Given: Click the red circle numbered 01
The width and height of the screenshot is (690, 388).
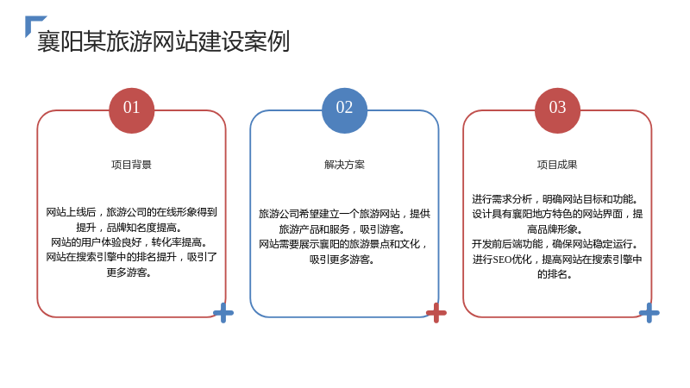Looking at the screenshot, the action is pos(132,110).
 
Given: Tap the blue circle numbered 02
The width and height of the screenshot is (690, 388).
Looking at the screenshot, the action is pos(344,110).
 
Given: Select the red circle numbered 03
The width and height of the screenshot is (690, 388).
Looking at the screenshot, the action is pos(557,110).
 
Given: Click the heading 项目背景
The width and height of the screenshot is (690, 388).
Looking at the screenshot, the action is pos(132,165).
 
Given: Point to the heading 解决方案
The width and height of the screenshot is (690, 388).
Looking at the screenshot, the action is pos(344,165).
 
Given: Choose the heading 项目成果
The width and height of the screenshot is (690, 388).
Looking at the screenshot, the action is pos(557,165).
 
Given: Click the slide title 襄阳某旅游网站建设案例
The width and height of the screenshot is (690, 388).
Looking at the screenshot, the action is pos(163,41).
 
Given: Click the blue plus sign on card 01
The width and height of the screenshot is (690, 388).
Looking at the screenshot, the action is pos(223,313).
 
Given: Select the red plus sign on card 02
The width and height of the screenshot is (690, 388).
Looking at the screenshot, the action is pos(436,313).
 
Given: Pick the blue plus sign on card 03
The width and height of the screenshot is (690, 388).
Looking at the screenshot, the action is pos(649,313).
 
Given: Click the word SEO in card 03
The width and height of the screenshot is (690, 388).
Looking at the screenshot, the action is pos(502,260).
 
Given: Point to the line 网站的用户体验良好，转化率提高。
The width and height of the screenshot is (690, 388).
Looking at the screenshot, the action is pos(129,242).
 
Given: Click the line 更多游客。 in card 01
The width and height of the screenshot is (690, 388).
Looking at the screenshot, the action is pos(129,272).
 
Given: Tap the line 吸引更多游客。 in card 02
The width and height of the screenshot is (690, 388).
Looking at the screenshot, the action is pos(342,260).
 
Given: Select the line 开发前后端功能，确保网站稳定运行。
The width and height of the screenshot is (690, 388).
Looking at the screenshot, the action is pos(555,244).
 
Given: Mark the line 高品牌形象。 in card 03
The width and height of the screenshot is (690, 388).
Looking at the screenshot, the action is pos(555,229).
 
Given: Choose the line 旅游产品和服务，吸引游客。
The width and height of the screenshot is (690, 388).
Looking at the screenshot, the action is pos(342,229).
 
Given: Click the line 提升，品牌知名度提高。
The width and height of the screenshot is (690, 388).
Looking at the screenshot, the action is pos(129,228).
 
